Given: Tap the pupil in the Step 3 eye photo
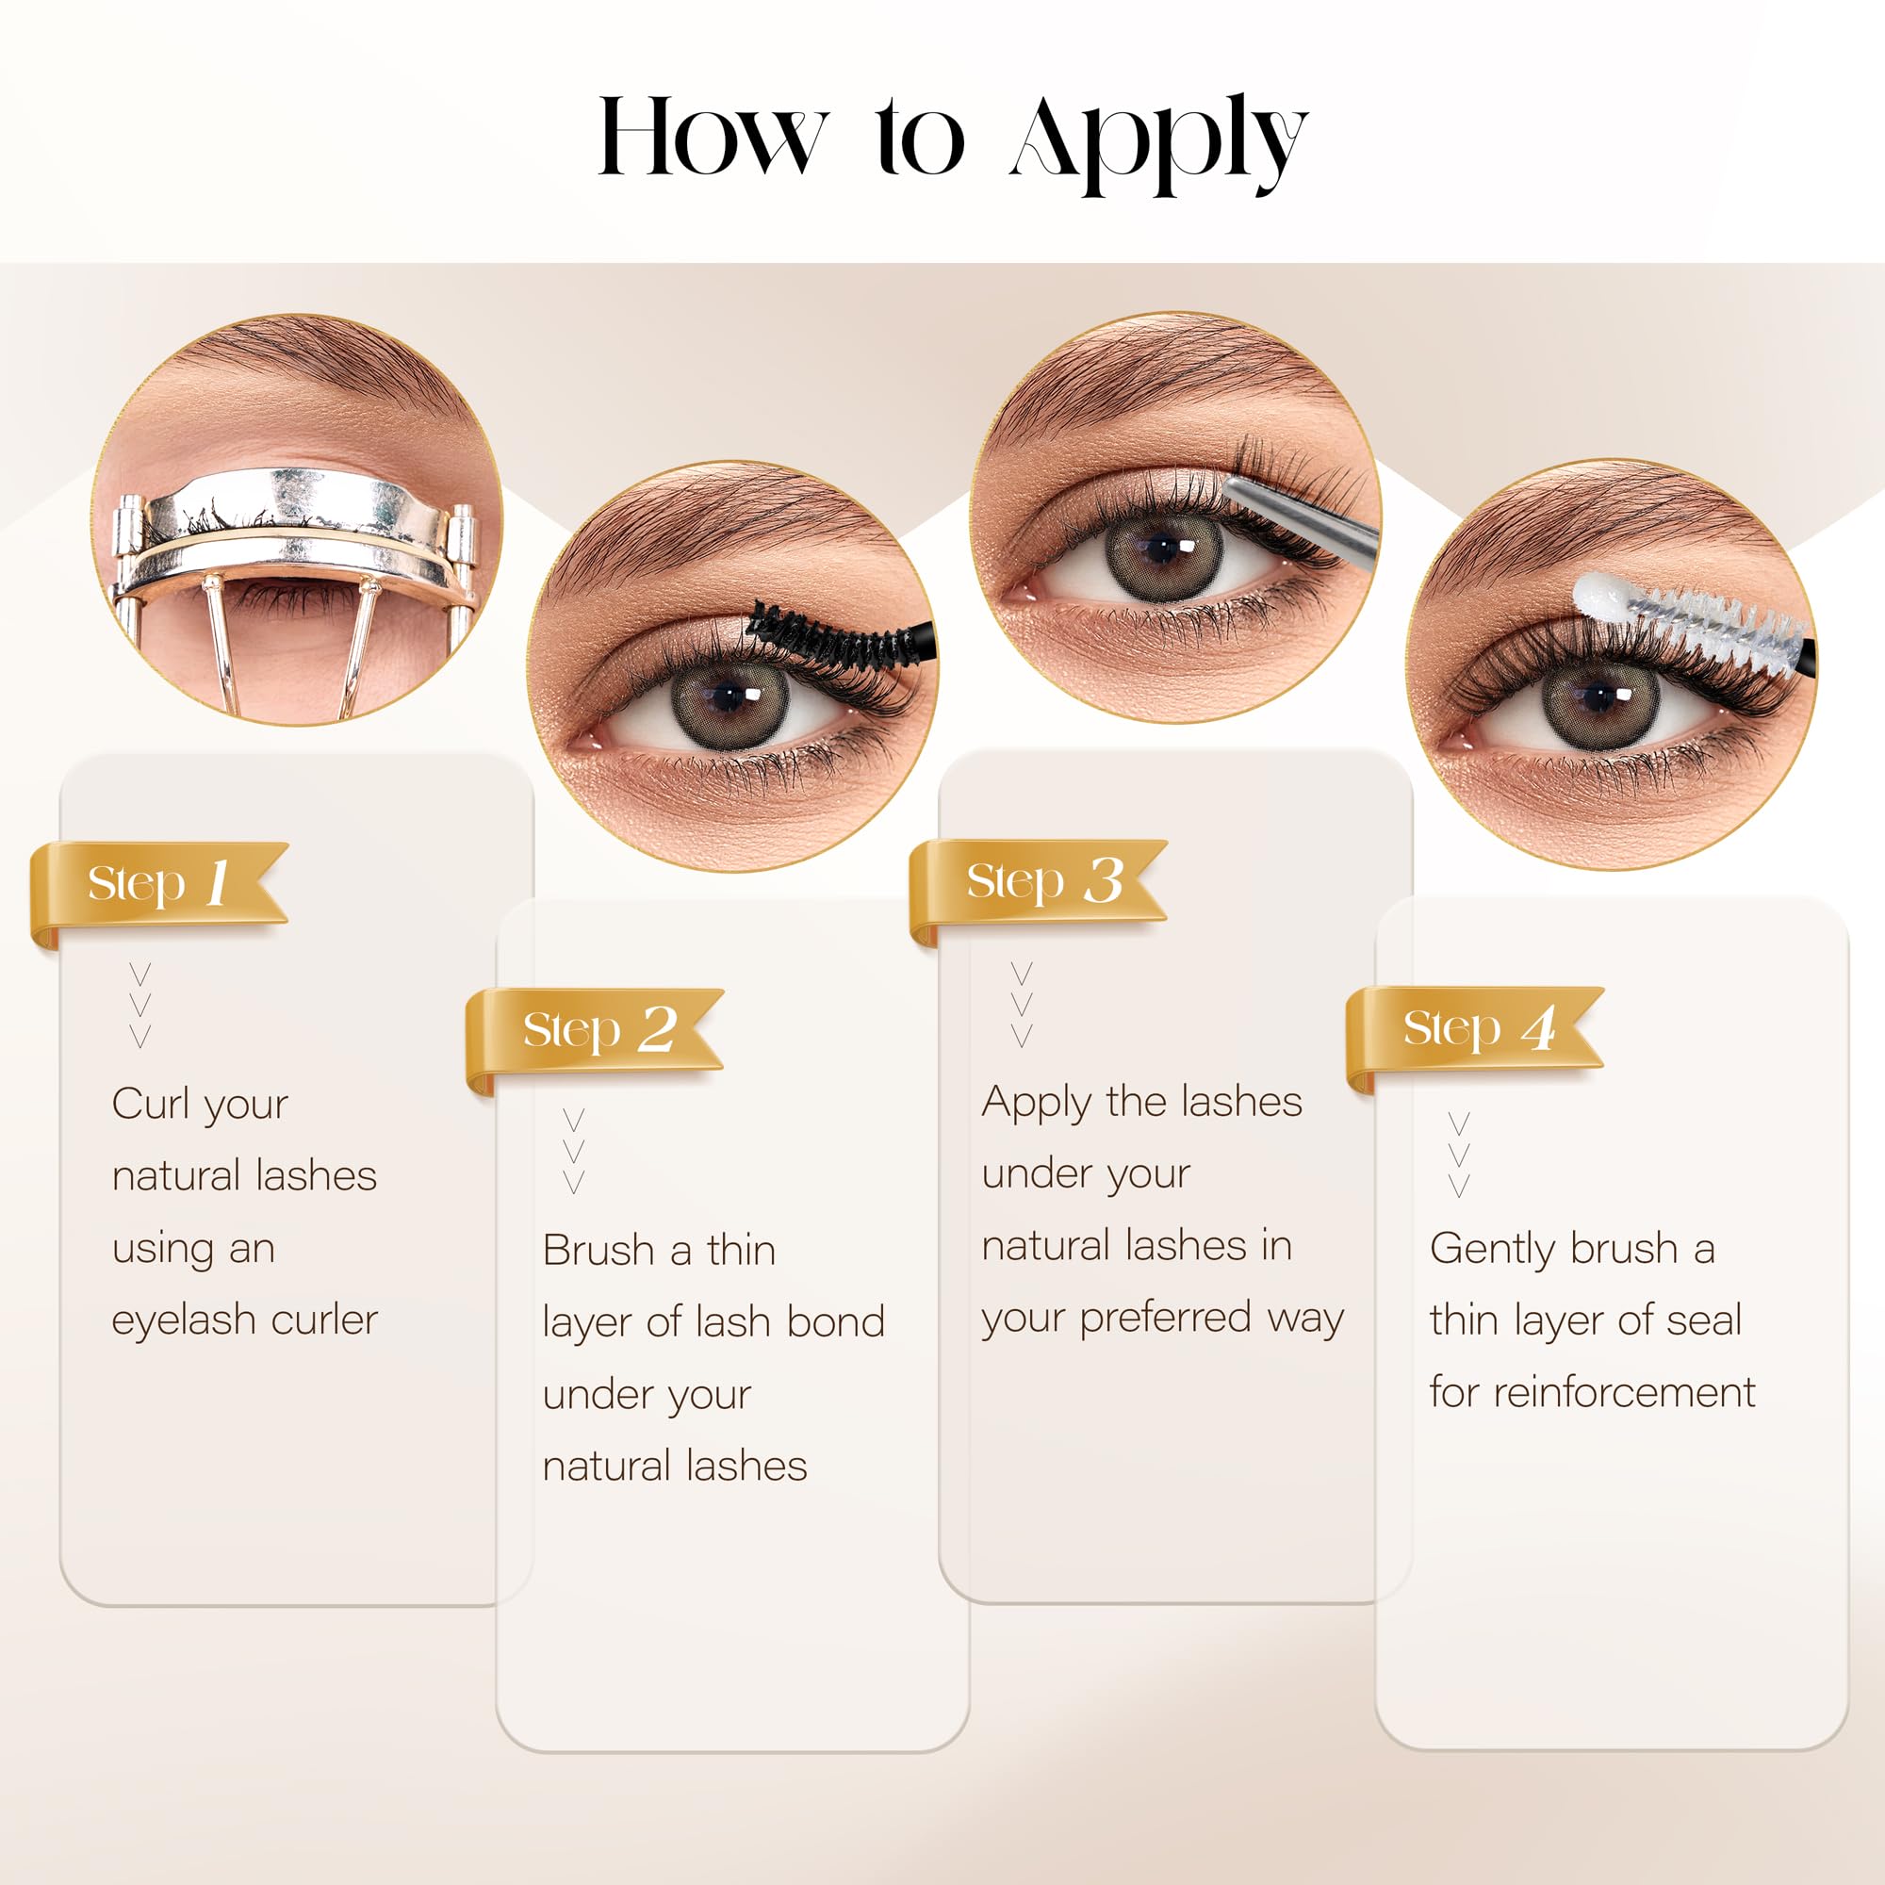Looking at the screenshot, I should click(1162, 549).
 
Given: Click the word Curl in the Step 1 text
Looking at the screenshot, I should click(150, 1105).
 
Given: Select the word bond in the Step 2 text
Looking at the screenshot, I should click(835, 1322).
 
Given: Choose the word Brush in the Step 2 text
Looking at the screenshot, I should click(598, 1250).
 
